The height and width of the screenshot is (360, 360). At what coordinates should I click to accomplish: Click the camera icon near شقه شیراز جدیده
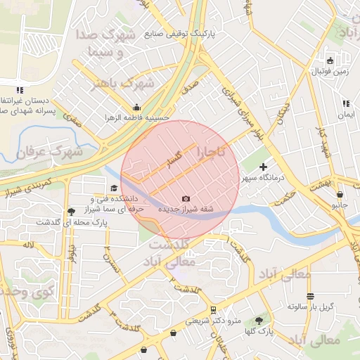coord(186,199)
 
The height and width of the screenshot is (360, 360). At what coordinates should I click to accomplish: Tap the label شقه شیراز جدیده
coord(185,210)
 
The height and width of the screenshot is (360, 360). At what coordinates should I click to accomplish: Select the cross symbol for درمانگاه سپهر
coord(264,167)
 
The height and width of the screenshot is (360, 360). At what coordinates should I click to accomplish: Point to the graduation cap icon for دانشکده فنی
coord(114,188)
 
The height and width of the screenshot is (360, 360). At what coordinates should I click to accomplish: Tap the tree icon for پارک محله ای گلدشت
coord(70,212)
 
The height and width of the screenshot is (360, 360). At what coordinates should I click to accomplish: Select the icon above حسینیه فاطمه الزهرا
coord(136,108)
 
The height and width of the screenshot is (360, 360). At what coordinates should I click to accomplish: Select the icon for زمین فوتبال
coord(330,60)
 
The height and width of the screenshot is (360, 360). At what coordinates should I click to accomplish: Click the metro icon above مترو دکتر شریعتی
coord(213,309)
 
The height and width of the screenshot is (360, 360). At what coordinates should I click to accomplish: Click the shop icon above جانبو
coord(340,195)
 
